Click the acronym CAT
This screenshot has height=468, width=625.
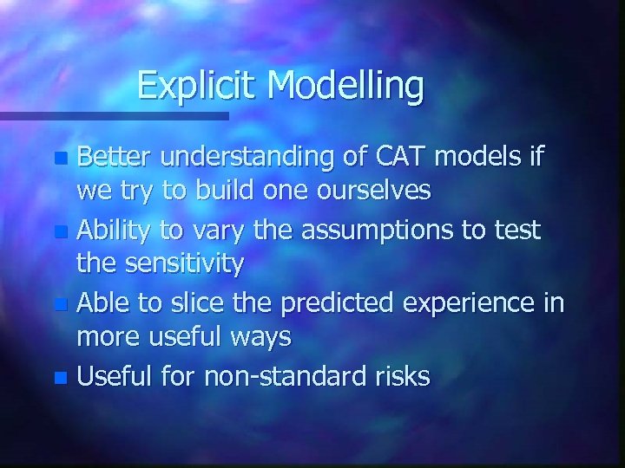[405, 157]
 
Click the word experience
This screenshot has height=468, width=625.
[484, 304]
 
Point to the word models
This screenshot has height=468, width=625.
[492, 157]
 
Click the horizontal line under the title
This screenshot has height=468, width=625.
[114, 114]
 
